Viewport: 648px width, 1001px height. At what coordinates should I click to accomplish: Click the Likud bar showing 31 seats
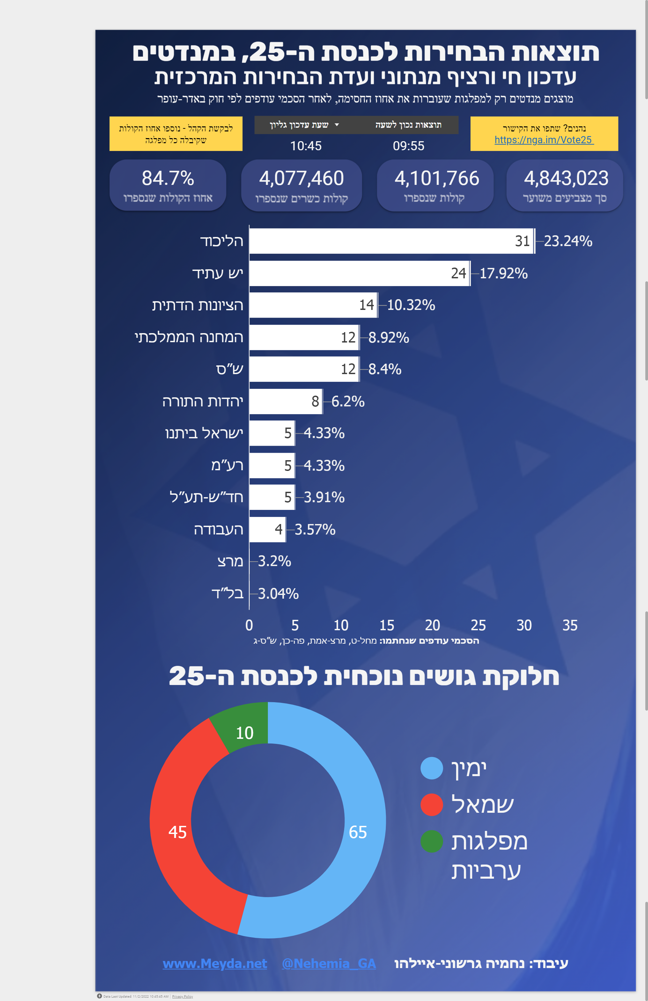(391, 241)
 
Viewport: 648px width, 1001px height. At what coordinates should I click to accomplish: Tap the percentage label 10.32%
(411, 305)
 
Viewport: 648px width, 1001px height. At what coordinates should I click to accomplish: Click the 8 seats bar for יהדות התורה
(286, 401)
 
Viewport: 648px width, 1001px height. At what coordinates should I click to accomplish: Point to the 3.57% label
(315, 529)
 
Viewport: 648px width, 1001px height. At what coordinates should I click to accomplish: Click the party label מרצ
(230, 561)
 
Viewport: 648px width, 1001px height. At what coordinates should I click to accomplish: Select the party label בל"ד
(228, 594)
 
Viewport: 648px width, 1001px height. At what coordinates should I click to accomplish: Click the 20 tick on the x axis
(432, 626)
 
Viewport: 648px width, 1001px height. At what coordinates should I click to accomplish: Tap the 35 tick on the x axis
(570, 626)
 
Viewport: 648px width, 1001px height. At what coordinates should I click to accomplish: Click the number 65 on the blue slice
(358, 832)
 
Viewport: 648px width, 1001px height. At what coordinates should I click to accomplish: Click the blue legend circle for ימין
(432, 768)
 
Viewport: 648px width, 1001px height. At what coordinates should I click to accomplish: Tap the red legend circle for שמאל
(432, 805)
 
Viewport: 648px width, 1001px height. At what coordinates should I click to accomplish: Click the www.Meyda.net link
(214, 963)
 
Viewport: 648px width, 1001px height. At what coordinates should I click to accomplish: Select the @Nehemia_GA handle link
(329, 963)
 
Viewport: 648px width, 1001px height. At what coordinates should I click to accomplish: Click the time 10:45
(306, 146)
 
